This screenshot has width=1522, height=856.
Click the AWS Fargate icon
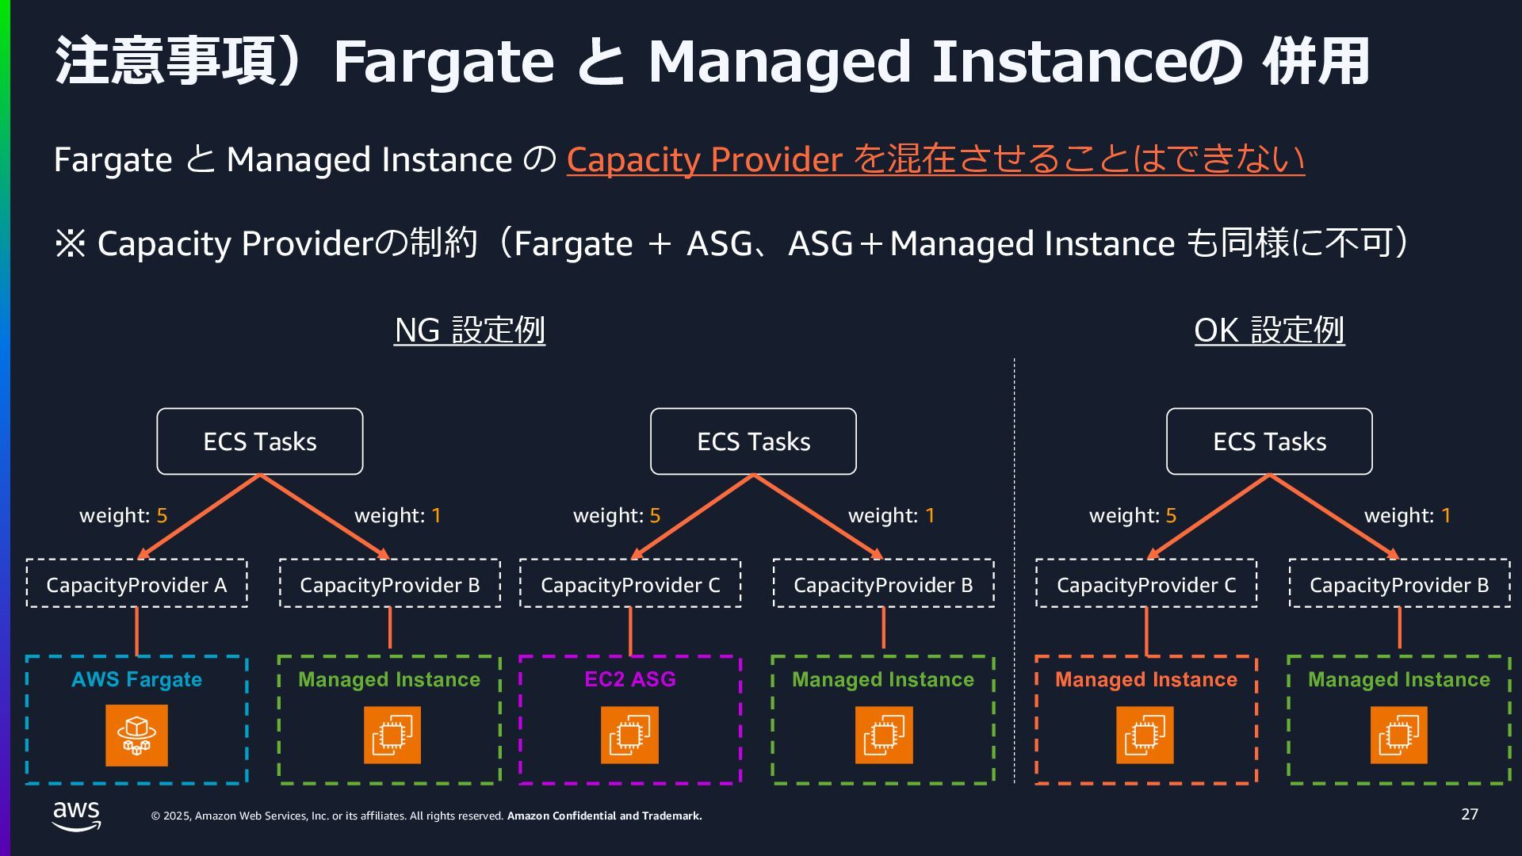(136, 736)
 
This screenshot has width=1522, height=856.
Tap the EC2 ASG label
(630, 679)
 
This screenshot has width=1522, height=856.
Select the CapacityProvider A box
(136, 584)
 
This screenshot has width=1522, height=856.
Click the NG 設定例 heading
(469, 330)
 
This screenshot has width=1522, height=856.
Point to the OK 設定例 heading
(1269, 330)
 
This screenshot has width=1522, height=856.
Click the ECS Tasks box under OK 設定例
(1269, 441)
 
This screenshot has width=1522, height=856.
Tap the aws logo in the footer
(77, 816)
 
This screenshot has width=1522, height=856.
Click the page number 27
(1469, 814)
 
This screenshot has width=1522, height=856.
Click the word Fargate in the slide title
(443, 61)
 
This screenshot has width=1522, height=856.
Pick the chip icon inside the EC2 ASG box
(629, 736)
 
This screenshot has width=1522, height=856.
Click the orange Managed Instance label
(1145, 679)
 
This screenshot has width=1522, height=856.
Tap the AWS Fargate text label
(136, 679)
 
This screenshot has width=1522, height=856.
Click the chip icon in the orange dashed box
(1145, 736)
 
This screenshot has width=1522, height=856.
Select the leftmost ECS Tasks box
(260, 441)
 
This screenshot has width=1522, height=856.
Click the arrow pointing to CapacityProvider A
(198, 517)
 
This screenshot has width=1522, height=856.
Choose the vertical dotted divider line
(1015, 571)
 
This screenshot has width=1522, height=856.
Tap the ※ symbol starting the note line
(70, 243)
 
